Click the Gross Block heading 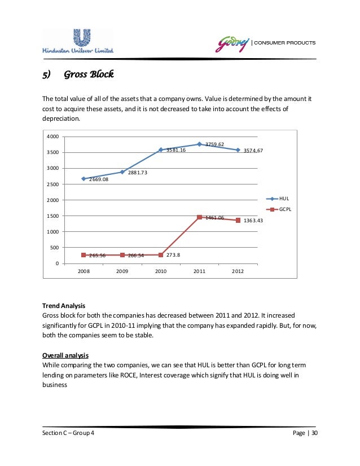pyautogui.click(x=89, y=74)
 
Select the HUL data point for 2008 pyautogui.click(x=84, y=178)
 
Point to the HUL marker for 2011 pyautogui.click(x=199, y=144)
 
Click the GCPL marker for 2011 pyautogui.click(x=199, y=217)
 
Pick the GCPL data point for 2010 pyautogui.click(x=161, y=254)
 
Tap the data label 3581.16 pyautogui.click(x=175, y=150)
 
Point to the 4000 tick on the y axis pyautogui.click(x=52, y=137)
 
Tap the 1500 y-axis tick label pyautogui.click(x=52, y=216)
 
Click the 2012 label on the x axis pyautogui.click(x=238, y=271)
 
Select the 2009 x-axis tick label pyautogui.click(x=122, y=271)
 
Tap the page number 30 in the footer pyautogui.click(x=314, y=433)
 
